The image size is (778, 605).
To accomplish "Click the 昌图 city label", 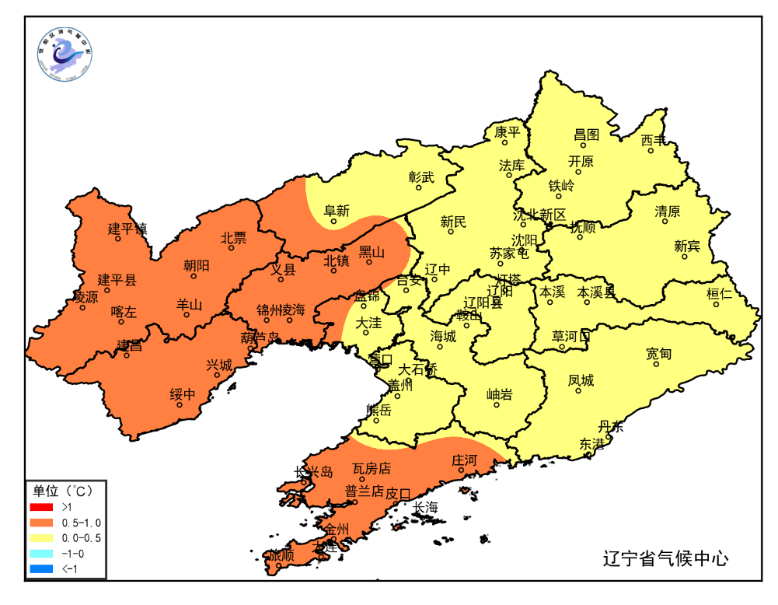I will tap(587, 135).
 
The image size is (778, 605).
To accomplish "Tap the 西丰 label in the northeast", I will tap(654, 140).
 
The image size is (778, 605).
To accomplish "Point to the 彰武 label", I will tap(422, 177).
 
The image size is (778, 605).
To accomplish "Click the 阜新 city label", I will tap(337, 211).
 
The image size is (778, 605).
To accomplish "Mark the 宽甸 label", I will tap(658, 354).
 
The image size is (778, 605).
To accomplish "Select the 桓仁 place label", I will tap(719, 294).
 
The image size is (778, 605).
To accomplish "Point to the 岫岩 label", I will tap(499, 395).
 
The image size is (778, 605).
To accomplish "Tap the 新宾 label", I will tap(686, 246).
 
